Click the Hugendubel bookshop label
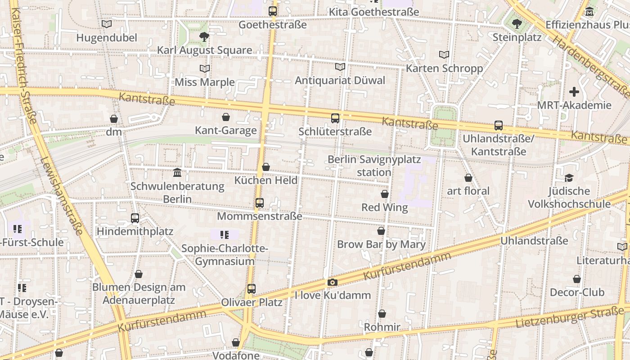[107, 38]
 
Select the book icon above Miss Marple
[205, 68]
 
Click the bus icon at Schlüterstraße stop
[335, 118]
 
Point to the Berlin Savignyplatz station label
[374, 166]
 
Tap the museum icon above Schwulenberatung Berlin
[177, 173]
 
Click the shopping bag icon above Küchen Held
[266, 167]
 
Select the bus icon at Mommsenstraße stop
[260, 203]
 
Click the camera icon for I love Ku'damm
[333, 282]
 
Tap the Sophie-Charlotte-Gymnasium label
[225, 255]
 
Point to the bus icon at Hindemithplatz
[135, 218]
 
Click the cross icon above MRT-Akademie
[574, 92]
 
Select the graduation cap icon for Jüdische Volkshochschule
[569, 178]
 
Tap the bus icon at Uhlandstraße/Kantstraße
[499, 126]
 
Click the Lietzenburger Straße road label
[569, 318]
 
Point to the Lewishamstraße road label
[62, 196]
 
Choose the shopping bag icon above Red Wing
[385, 194]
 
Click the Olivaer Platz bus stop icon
[252, 289]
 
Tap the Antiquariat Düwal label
[340, 81]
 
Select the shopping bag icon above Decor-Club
[577, 279]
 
